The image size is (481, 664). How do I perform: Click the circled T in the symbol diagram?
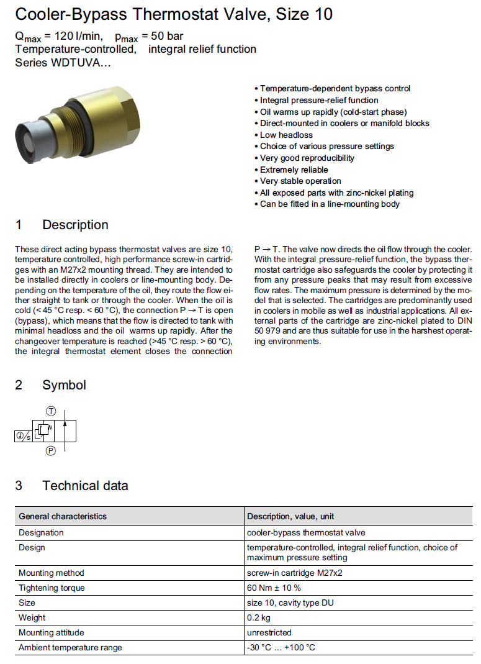51,411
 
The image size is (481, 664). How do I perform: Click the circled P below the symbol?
51,452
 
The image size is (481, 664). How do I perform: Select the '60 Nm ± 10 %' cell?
274,588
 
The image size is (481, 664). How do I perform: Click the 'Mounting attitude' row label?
51,632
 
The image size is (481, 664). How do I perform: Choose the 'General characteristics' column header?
62,516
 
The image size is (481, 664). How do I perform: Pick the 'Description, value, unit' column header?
291,516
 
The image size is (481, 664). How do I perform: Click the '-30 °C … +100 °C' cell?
281,647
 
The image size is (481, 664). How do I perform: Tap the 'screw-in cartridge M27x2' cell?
294,573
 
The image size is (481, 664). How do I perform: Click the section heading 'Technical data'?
85,486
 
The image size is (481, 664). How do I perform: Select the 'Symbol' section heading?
64,385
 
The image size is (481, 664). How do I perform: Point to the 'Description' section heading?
75,225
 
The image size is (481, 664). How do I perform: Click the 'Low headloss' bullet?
286,135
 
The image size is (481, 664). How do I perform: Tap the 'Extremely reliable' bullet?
294,170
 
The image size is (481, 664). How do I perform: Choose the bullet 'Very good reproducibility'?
307,158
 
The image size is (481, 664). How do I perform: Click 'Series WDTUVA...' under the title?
63,63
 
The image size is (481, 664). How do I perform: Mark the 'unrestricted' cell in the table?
269,632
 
